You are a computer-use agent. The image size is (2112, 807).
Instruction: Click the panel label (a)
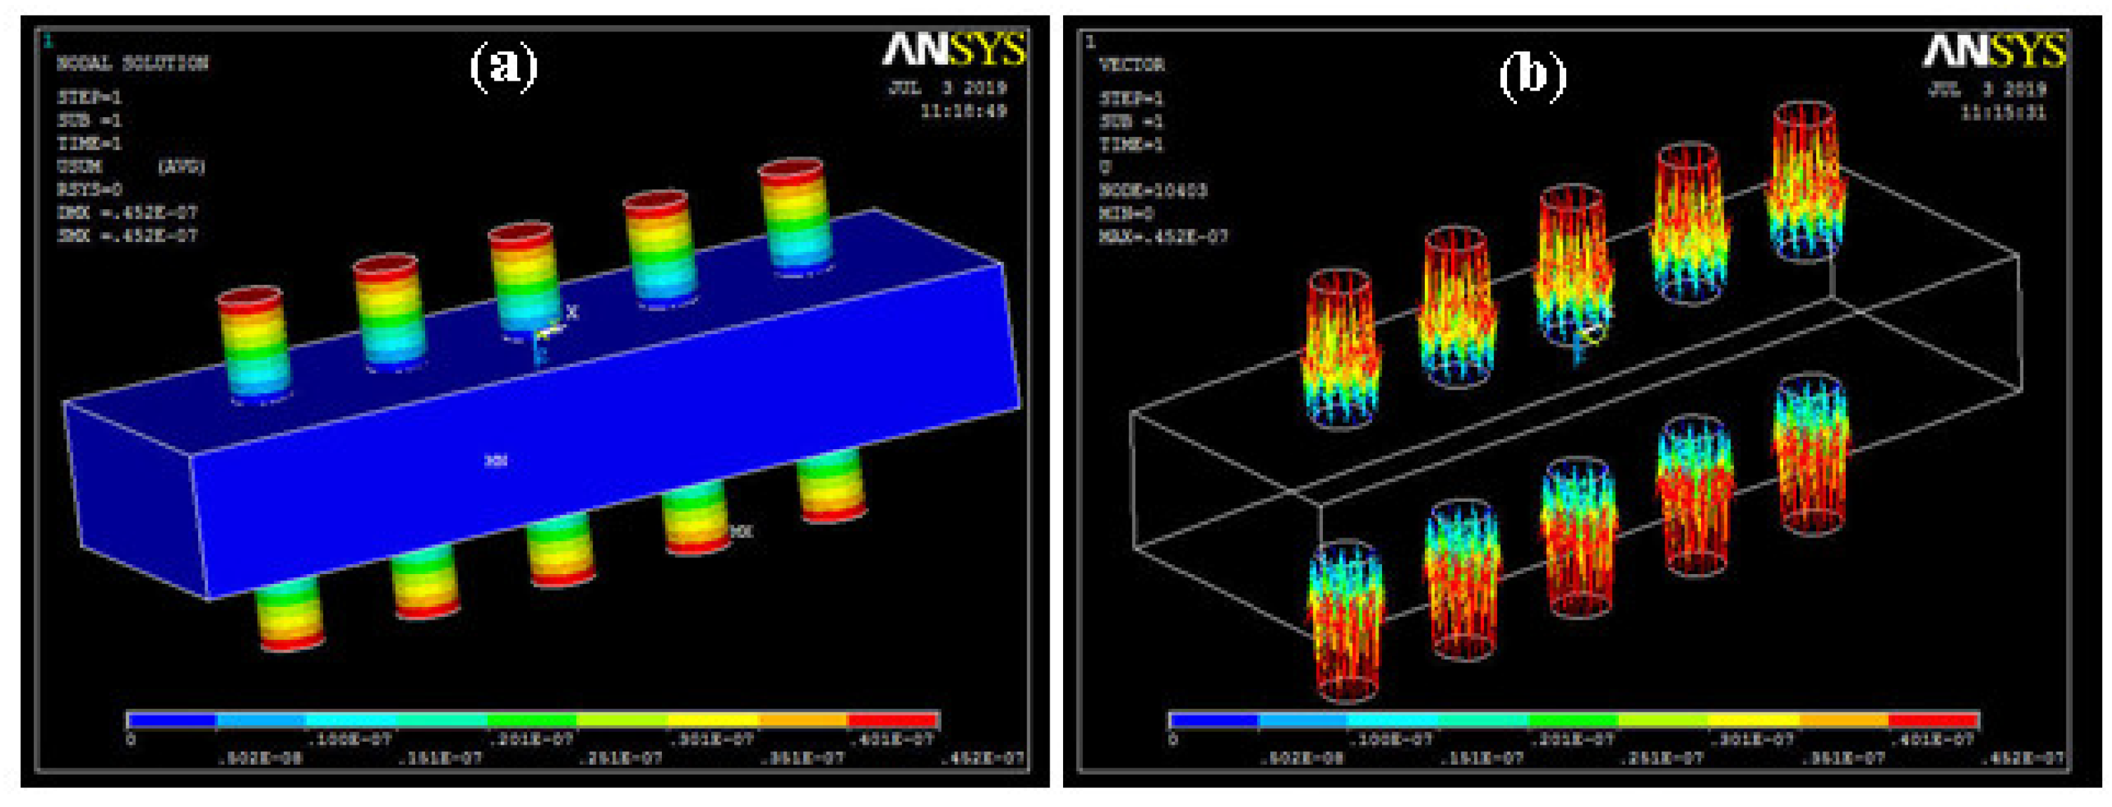tap(502, 67)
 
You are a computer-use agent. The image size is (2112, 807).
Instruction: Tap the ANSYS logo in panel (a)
tap(953, 51)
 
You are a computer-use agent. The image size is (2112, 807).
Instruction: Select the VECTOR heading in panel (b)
tap(1131, 65)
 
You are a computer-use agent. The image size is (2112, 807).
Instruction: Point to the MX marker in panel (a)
tap(741, 532)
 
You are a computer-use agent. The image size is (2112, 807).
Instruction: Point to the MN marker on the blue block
tap(496, 461)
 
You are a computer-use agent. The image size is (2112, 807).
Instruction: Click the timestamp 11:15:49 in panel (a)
tap(963, 112)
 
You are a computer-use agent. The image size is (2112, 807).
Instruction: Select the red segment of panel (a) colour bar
tap(894, 721)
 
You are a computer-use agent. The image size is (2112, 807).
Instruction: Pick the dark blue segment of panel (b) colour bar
tap(1213, 721)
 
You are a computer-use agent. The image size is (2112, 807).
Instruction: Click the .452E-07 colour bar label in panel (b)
tap(2023, 759)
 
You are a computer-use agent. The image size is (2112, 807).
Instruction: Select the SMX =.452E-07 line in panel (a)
tap(127, 236)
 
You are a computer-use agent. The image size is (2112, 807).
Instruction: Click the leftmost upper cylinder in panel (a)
tap(254, 344)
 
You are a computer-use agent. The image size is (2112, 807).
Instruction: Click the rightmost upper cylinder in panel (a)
tap(795, 215)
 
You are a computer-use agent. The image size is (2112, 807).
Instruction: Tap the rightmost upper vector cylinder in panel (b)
tap(1807, 180)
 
